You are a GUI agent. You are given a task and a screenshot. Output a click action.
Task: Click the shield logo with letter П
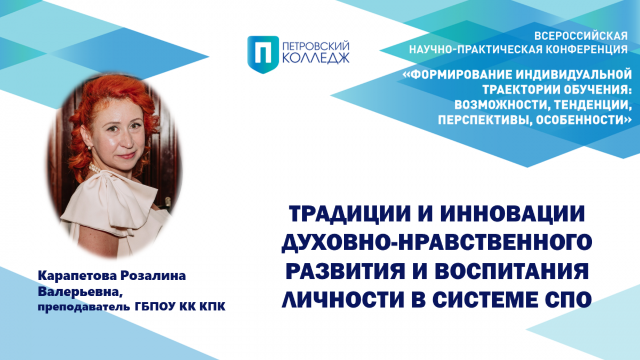263,54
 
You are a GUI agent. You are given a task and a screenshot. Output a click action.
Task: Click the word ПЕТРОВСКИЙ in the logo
316,46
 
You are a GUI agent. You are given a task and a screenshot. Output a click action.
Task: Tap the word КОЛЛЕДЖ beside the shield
316,58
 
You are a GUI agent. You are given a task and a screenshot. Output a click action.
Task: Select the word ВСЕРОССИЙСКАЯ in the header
581,36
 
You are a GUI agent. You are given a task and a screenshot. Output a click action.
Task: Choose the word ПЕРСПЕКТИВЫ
485,120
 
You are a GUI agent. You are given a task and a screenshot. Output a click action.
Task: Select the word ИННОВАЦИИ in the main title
513,214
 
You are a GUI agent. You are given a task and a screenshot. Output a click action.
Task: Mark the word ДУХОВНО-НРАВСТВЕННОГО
437,243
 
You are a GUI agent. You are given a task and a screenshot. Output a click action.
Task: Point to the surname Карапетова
77,276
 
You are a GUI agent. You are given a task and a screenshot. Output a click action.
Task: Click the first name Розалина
153,276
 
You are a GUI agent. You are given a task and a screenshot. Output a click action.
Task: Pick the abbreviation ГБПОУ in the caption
155,307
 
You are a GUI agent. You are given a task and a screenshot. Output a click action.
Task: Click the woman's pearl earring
90,148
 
